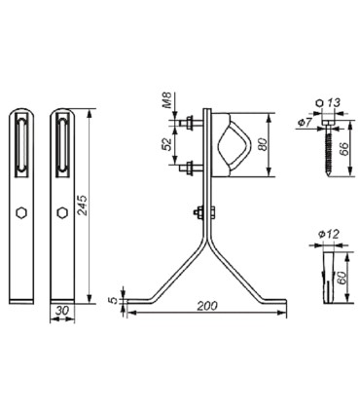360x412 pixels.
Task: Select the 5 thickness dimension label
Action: point(114,299)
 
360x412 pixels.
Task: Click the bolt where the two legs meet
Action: point(200,213)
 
